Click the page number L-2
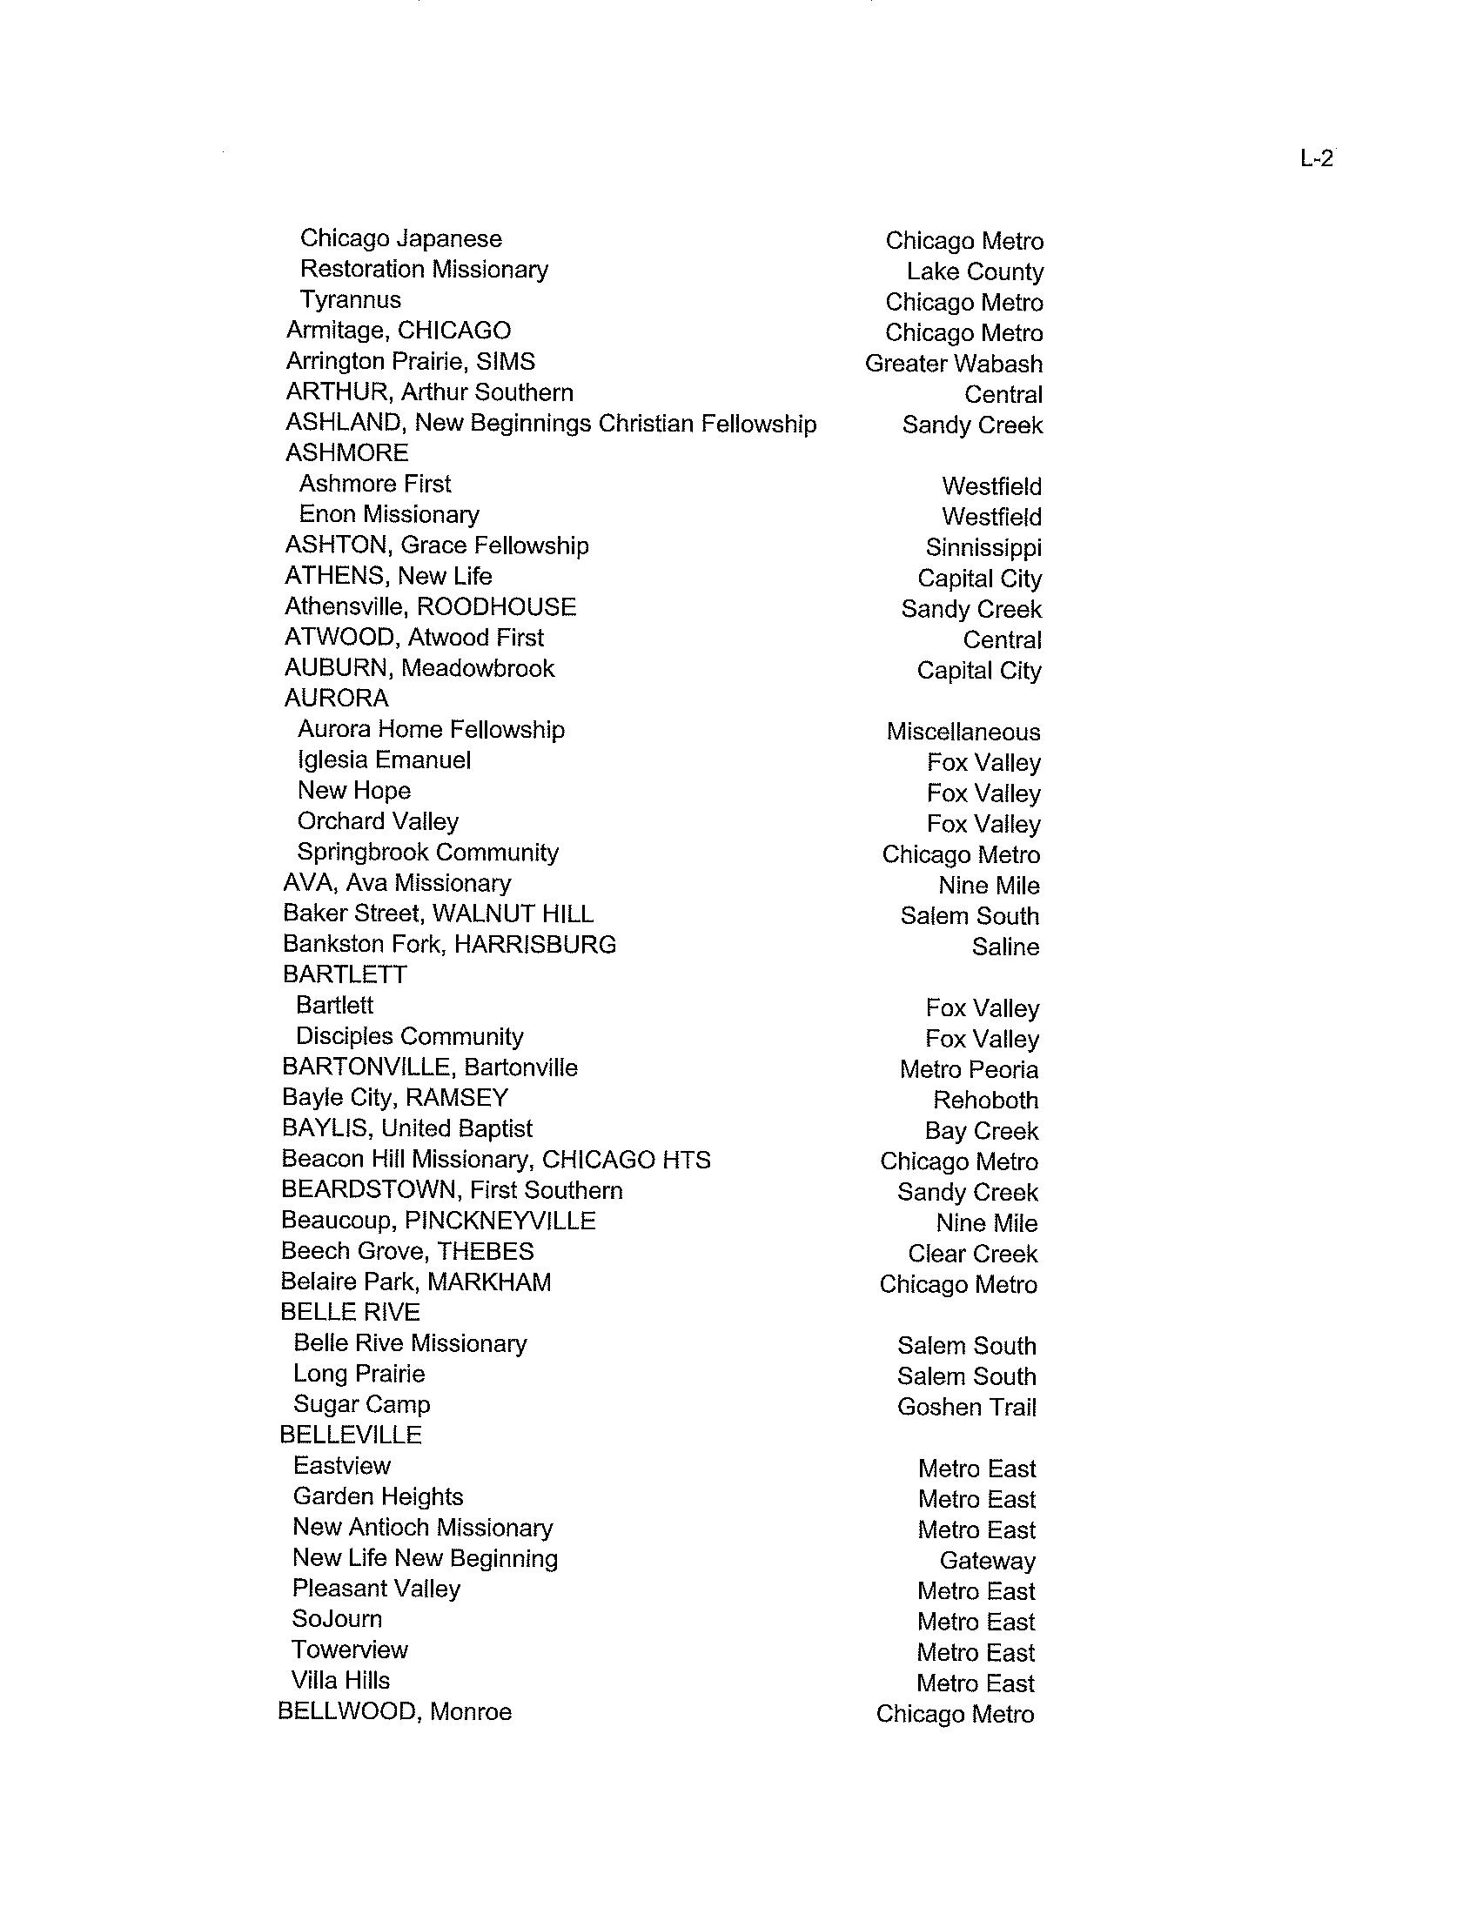pos(1317,158)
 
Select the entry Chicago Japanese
pos(400,239)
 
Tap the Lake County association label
pos(975,272)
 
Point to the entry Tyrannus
pos(351,300)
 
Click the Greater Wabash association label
pos(954,364)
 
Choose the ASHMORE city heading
pos(347,453)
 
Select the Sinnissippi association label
pos(983,548)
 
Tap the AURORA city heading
pos(337,699)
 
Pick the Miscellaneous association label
pos(963,732)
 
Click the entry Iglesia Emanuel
pos(384,760)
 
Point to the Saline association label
pos(1005,947)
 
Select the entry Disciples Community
pos(409,1036)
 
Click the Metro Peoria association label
pos(969,1070)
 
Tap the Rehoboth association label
pos(985,1101)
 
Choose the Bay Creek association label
pos(981,1131)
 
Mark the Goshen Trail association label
pos(967,1408)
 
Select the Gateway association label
pos(987,1561)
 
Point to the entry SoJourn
pos(338,1619)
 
